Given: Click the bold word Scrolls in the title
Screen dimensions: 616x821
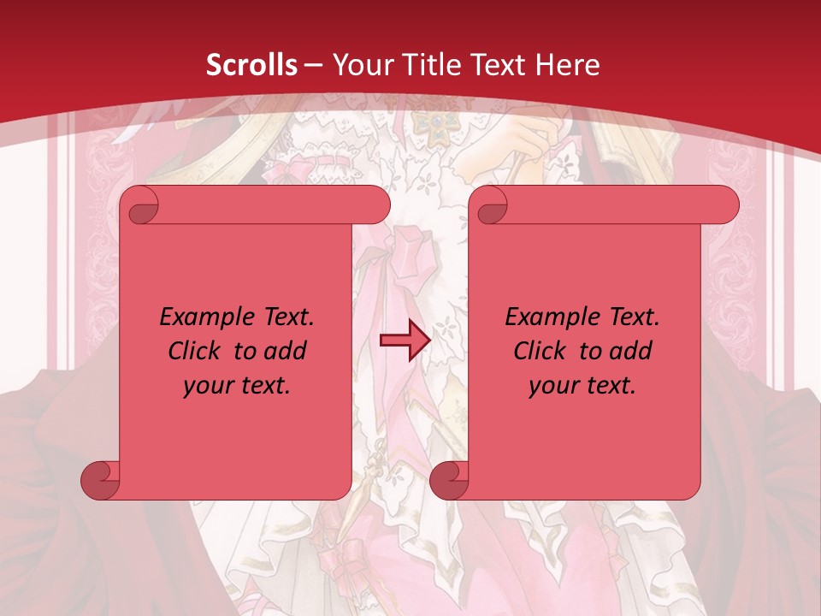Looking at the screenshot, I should (x=252, y=65).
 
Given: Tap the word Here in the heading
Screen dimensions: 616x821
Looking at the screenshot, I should (x=569, y=65).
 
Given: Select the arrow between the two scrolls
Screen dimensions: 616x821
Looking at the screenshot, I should (x=405, y=341).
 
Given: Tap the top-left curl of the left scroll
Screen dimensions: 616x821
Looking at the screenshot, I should (x=139, y=206).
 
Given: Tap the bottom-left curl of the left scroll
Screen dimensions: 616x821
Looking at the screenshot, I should (x=100, y=481).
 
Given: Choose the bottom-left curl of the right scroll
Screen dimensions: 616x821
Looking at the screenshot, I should (x=449, y=481).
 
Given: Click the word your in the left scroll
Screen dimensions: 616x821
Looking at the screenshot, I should (x=205, y=387).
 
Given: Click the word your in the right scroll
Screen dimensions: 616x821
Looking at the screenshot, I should (x=551, y=387).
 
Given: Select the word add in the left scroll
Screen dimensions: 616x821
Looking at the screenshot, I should (x=286, y=351).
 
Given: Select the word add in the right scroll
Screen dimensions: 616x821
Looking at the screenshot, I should (x=632, y=351).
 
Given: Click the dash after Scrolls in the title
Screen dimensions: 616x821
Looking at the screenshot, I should (x=314, y=65).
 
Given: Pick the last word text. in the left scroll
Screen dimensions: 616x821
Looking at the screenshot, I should (x=262, y=386).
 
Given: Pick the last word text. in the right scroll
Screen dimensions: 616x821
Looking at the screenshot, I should (x=607, y=386).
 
